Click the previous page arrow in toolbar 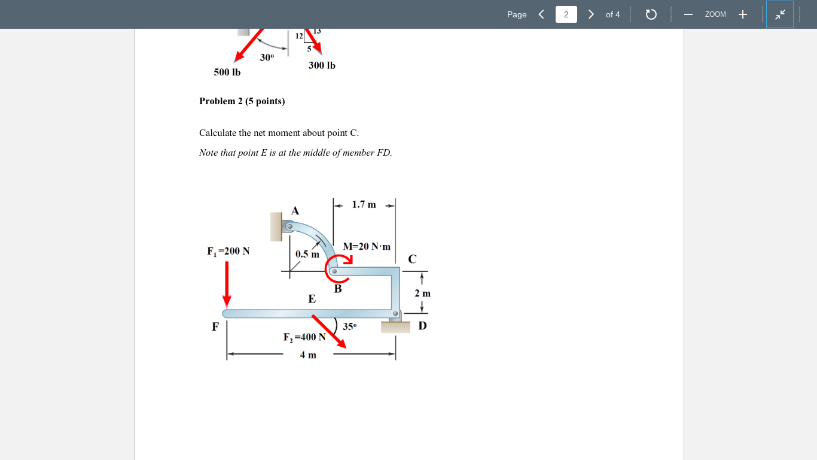pos(541,14)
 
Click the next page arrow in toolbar pos(591,14)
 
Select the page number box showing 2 pos(566,14)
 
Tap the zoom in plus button pos(742,14)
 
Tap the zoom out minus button pos(688,14)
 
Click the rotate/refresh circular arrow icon pos(651,14)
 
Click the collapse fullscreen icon pos(780,14)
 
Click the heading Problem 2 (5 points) pos(242,101)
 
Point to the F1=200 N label pos(228,252)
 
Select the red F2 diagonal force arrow pos(328,331)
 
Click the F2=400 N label pos(304,337)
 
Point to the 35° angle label pos(349,327)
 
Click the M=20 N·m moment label pos(367,247)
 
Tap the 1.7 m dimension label pos(364,205)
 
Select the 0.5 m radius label pos(307,254)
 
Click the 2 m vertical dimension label pos(422,293)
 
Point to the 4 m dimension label pos(308,355)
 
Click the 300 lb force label pos(322,65)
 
